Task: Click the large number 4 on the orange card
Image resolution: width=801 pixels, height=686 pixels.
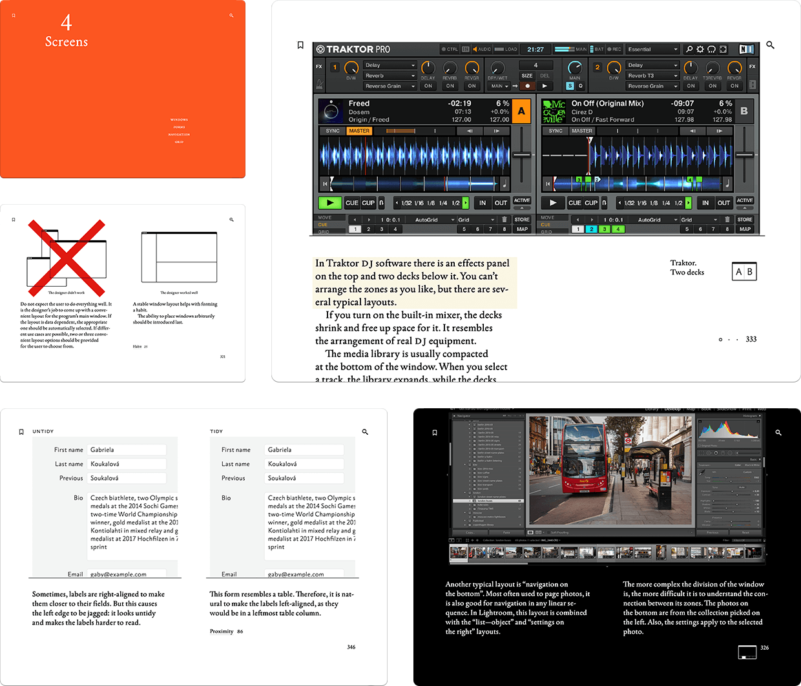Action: coord(67,23)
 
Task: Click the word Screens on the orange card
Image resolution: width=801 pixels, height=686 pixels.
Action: coord(67,42)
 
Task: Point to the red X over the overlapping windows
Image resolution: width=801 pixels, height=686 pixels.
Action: coord(67,256)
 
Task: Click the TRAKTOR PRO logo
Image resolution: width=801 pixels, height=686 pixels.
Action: coord(353,49)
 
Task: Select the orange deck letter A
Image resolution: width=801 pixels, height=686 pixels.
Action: coord(521,111)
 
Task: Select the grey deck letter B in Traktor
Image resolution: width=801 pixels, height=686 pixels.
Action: coord(744,111)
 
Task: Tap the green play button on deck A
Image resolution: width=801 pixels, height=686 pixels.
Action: coord(330,203)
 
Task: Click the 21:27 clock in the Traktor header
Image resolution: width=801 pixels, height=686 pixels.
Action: coord(536,49)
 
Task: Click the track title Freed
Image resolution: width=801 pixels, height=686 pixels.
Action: coord(359,103)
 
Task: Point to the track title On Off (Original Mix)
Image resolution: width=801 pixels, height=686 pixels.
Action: coord(607,103)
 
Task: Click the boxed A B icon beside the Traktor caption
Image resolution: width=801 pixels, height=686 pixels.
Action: coord(744,271)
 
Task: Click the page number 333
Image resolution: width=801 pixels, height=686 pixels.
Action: coord(751,339)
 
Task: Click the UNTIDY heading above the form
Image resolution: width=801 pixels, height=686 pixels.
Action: coord(43,431)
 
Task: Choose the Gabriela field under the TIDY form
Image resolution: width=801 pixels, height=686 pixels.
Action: coord(305,450)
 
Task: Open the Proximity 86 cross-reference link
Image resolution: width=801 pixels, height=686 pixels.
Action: coord(226,631)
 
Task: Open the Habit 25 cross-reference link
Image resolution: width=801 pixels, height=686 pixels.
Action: coord(140,346)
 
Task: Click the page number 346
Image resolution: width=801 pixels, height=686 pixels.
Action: coord(351,647)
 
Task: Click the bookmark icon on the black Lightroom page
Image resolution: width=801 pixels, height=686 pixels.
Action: coord(435,432)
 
